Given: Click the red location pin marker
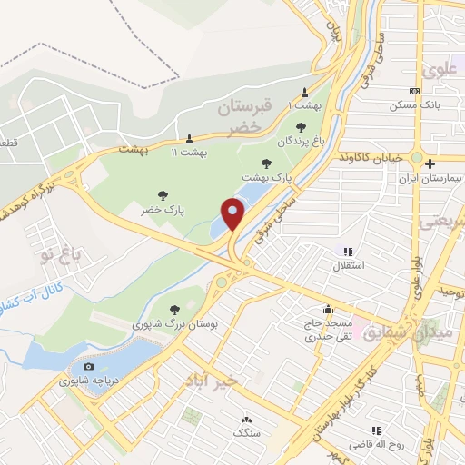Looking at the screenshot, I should [x=233, y=213].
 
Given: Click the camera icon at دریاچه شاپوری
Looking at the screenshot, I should [x=87, y=366].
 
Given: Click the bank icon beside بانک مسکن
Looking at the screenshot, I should [x=415, y=91].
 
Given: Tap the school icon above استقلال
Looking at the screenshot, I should [x=347, y=252].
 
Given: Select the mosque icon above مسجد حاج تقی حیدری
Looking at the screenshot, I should [x=327, y=309].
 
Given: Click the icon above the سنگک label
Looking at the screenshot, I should [x=246, y=420].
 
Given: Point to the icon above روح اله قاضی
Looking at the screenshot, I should [x=373, y=431].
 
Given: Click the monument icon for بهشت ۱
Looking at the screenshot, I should [x=304, y=92].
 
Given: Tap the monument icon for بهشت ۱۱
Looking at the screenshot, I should [x=188, y=139].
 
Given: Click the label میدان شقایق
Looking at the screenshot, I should [x=393, y=333].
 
